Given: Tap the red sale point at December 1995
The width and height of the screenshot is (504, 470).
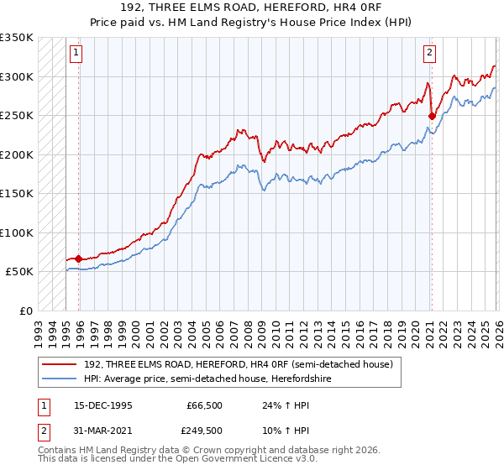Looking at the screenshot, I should click(x=79, y=258).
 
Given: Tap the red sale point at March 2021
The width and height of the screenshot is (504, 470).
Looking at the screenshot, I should click(x=432, y=116).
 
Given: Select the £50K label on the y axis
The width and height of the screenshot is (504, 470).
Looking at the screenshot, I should click(x=18, y=272).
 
